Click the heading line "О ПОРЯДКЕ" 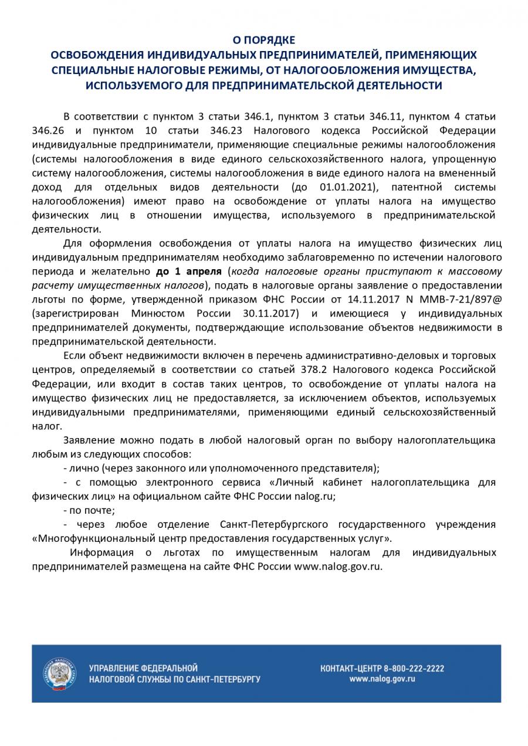tap(263, 40)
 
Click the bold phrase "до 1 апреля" tap(188, 272)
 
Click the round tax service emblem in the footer tap(59, 673)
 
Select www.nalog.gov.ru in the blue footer tap(382, 679)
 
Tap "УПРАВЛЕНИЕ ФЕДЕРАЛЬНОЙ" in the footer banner tap(143, 668)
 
